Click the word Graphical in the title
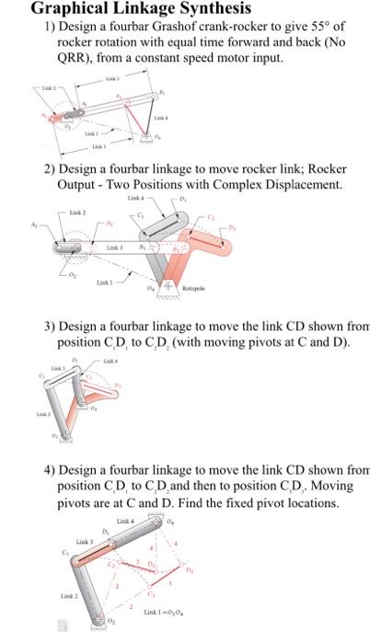(70, 9)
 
